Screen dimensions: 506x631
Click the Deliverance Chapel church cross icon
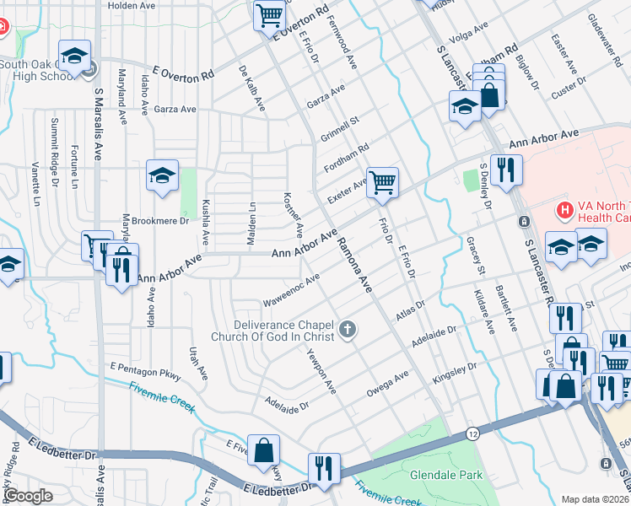click(348, 328)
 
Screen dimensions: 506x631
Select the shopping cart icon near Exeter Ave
click(382, 181)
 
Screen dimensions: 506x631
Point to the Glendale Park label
click(446, 475)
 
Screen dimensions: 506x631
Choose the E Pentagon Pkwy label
click(146, 369)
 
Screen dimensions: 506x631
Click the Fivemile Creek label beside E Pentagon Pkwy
click(162, 397)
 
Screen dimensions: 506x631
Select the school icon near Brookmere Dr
click(162, 175)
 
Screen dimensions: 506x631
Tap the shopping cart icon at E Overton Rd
click(269, 14)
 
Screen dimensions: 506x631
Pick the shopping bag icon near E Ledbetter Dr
click(264, 449)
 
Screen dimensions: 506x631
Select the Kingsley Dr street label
click(455, 371)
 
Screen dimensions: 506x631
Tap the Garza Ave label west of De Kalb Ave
click(175, 110)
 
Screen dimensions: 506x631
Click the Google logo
click(29, 497)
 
